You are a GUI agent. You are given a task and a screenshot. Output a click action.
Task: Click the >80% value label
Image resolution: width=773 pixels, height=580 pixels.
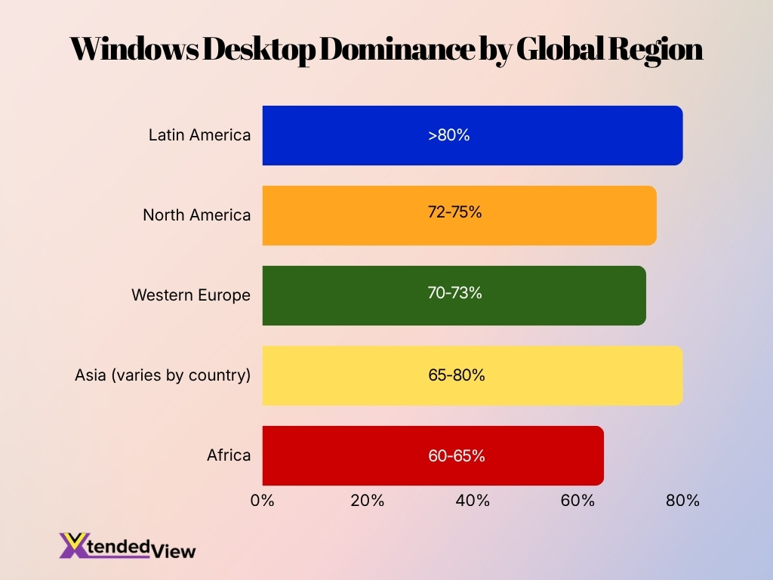(x=449, y=136)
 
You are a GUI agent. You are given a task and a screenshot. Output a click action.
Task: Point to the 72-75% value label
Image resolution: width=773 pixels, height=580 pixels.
(x=454, y=212)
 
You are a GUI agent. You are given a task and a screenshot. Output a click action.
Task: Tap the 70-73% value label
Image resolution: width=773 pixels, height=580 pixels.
(x=454, y=293)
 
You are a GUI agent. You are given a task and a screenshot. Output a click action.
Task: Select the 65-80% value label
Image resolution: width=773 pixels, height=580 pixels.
(x=456, y=375)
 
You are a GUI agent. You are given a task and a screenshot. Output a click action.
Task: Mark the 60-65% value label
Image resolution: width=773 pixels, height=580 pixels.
(x=456, y=456)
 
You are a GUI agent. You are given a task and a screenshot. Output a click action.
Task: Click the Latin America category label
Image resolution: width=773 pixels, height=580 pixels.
(x=199, y=135)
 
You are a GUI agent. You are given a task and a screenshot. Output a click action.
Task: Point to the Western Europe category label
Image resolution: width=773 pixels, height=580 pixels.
(x=191, y=295)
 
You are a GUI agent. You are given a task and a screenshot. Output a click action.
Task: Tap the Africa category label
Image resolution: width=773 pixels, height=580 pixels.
(x=229, y=455)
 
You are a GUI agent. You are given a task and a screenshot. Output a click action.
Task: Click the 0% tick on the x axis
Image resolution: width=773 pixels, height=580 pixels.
(x=263, y=500)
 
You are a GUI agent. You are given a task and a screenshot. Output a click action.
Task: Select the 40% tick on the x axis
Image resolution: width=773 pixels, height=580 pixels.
(x=473, y=500)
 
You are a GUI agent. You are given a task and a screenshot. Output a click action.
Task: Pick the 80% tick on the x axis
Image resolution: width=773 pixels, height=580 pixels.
(x=682, y=500)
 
